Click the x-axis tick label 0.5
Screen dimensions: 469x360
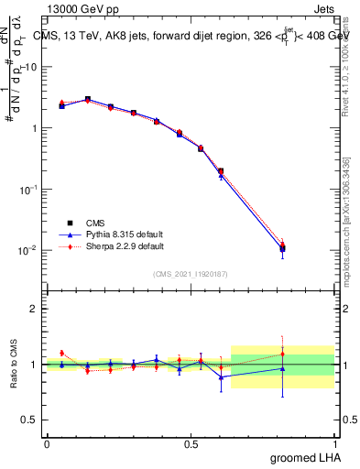click(191, 443)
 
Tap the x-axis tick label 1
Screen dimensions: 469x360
click(334, 443)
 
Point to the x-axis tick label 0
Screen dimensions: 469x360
click(47, 443)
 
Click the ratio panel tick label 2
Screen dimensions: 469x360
click(34, 309)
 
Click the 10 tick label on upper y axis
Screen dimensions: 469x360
click(30, 67)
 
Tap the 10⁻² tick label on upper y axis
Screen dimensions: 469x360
click(28, 250)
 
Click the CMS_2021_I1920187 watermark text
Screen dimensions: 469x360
click(190, 274)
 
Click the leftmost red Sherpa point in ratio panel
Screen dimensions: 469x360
click(61, 353)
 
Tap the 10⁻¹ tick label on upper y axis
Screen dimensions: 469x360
click(28, 189)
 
